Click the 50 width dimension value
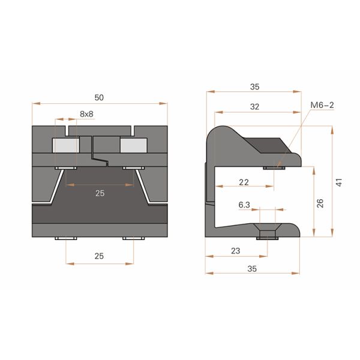(99, 97)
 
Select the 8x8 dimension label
(86, 113)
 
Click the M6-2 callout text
(322, 106)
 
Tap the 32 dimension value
(254, 106)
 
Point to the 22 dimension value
(244, 182)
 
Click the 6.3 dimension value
(244, 205)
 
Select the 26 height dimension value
(320, 202)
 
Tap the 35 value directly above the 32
(254, 86)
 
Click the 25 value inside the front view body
(100, 193)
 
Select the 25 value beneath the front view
(100, 256)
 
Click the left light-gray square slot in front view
(66, 145)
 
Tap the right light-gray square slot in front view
(133, 145)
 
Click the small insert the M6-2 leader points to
(274, 168)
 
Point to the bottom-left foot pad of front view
(65, 239)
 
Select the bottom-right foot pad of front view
(134, 239)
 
